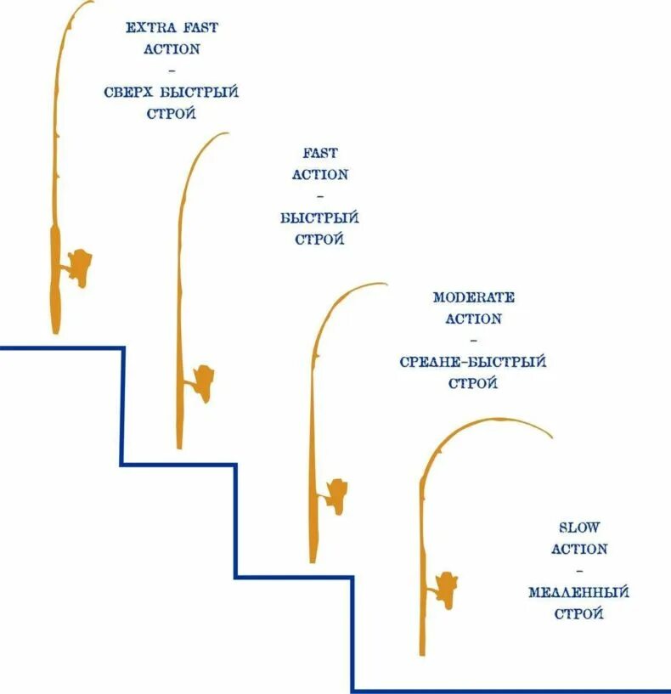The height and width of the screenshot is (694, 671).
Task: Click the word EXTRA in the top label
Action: tap(147, 28)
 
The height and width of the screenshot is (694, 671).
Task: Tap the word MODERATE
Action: tap(473, 298)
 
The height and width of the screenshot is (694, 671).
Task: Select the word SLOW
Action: tap(579, 528)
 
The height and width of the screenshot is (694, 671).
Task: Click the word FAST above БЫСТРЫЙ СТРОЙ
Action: tap(319, 154)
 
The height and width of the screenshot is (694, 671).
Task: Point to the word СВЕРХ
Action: tap(130, 92)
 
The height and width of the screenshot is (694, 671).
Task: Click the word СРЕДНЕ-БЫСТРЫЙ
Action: tap(472, 362)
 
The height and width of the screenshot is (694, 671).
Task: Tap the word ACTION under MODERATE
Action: tap(473, 319)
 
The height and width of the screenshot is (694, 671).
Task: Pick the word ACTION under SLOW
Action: tap(579, 549)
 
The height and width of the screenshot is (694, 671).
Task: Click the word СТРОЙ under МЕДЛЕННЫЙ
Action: tap(578, 613)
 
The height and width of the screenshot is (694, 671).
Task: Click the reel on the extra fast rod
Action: tap(79, 267)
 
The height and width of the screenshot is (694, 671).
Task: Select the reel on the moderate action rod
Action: tap(335, 494)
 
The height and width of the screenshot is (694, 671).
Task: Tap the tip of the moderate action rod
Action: tap(385, 285)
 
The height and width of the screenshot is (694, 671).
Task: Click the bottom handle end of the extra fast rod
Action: tap(56, 330)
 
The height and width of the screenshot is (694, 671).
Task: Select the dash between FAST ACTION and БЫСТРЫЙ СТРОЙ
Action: tap(319, 196)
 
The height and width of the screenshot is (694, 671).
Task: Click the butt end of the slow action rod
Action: tap(422, 652)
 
